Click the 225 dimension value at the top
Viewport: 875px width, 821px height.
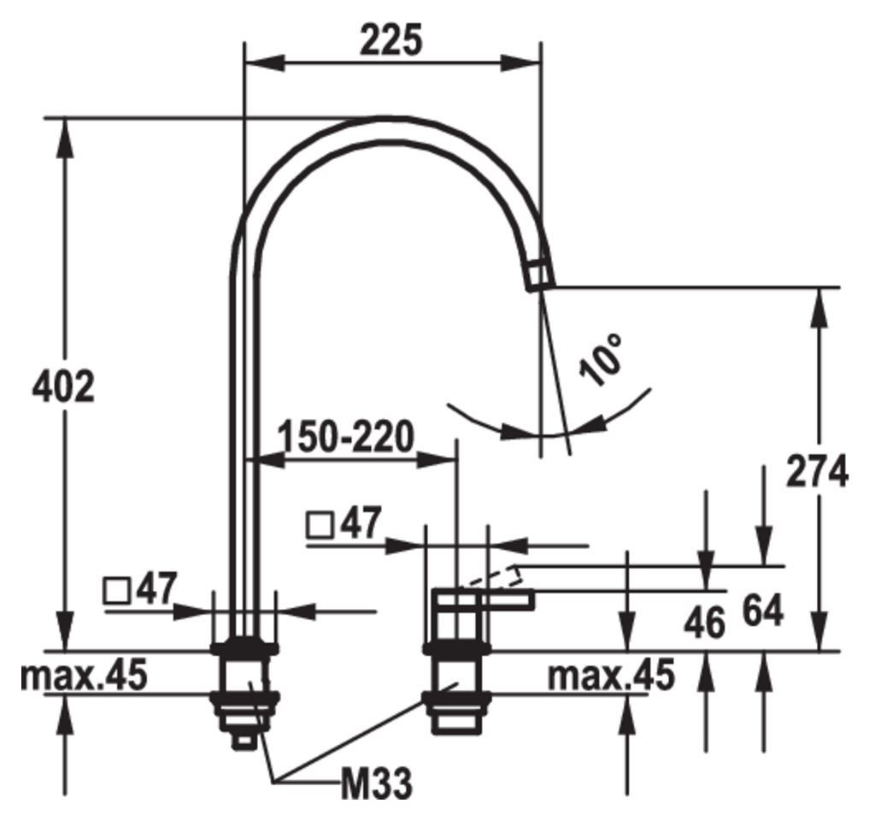pos(391,40)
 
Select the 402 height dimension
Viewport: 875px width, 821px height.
pos(63,387)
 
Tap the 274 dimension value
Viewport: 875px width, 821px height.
pos(817,471)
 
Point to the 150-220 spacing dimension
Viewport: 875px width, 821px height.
pos(347,436)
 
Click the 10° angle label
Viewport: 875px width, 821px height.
pos(601,360)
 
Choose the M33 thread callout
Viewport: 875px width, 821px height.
pos(377,783)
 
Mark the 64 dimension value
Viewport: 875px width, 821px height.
pos(763,611)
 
